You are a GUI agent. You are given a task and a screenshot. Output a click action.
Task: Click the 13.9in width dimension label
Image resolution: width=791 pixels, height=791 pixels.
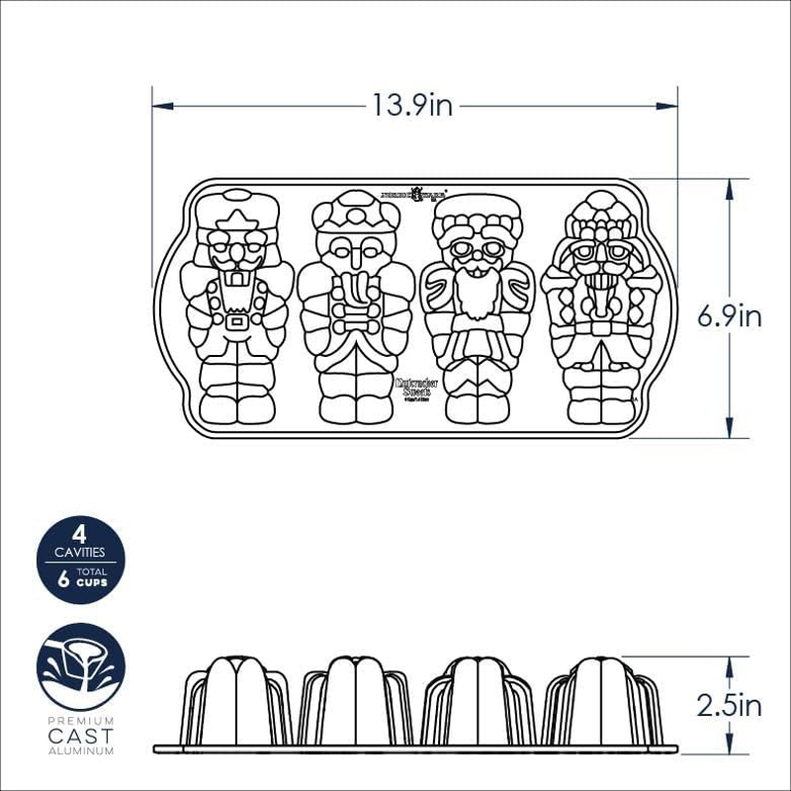pos(412,105)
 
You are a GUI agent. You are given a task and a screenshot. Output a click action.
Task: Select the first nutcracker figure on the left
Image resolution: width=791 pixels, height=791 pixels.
pos(236,307)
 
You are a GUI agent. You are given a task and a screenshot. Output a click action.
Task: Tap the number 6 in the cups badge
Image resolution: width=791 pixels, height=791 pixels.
pos(64,580)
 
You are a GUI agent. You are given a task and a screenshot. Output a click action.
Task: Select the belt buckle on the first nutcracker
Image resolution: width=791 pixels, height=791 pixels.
pos(236,321)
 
